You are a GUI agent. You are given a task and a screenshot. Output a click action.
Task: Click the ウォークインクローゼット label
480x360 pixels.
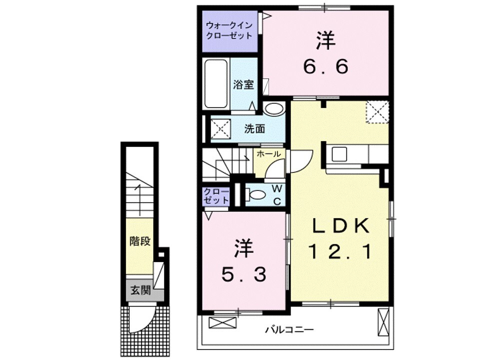click(x=228, y=30)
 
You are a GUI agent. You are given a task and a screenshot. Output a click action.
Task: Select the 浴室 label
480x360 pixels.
click(x=243, y=84)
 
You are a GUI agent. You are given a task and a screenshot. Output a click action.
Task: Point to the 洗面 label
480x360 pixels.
click(x=254, y=128)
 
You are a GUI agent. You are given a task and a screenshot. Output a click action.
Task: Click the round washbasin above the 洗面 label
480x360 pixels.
click(x=273, y=108)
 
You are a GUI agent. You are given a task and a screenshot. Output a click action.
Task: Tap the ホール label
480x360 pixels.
click(x=268, y=154)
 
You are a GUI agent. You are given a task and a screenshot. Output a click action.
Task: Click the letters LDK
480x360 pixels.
click(x=341, y=226)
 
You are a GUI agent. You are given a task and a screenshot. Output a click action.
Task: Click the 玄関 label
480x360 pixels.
click(x=140, y=290)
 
